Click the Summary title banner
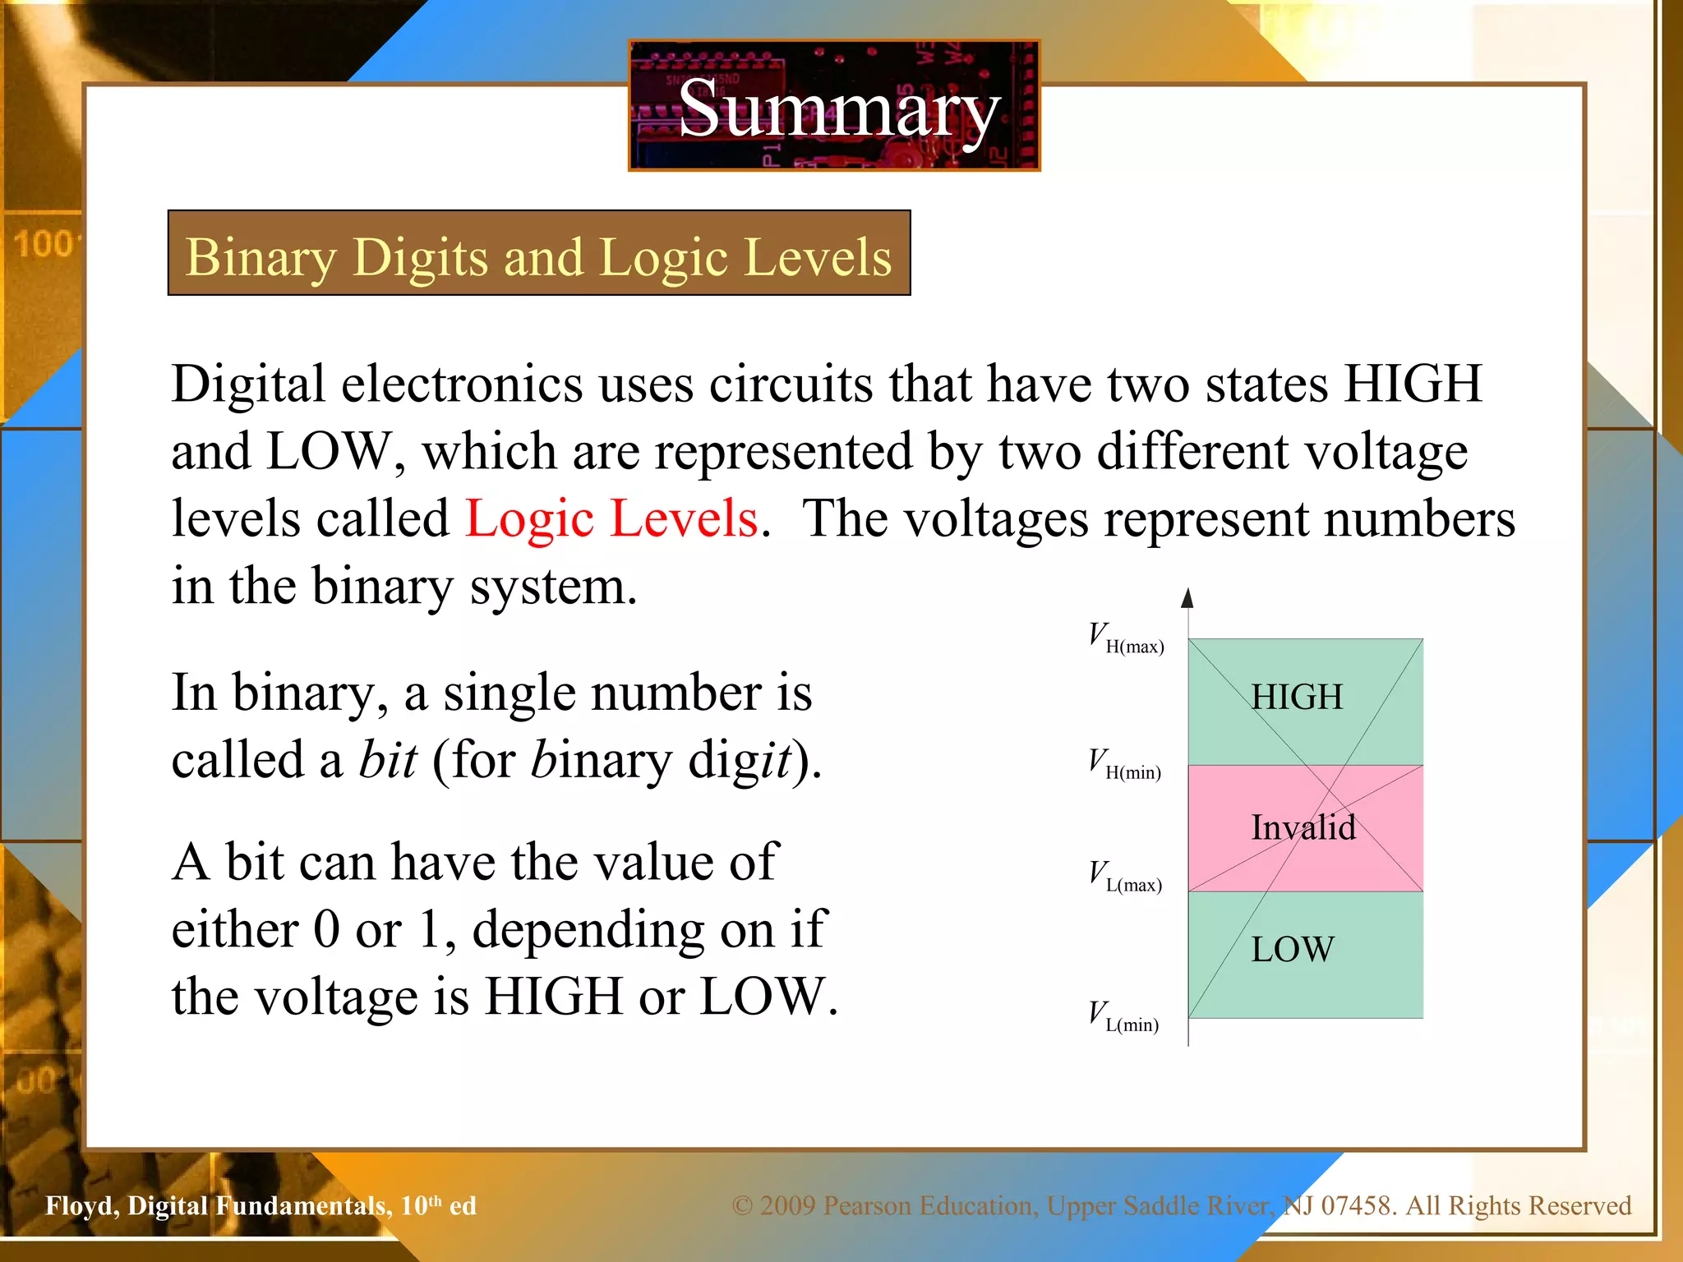835,107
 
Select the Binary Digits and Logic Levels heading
539,255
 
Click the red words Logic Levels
611,519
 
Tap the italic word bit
388,760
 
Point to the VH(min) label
1124,764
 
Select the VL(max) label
1125,877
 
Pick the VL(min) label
1123,1016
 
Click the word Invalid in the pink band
1303,827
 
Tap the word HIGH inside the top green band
1297,697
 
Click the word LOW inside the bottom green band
1293,949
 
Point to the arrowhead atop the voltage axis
1187,598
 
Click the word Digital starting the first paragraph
248,385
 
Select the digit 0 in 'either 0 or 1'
326,930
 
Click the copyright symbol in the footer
742,1205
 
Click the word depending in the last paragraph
588,930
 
